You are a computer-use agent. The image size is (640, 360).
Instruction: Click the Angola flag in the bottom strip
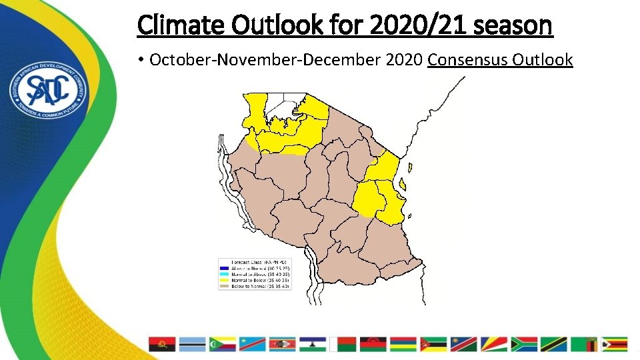coord(162,344)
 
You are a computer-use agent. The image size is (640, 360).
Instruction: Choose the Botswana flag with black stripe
coord(193,344)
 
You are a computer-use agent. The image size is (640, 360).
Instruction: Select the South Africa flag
coord(524,344)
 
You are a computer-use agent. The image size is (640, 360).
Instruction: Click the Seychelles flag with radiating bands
coord(493,344)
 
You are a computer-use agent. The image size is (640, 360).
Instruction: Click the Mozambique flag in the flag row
coord(433,344)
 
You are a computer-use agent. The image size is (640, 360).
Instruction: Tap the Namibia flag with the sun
coord(463,344)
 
